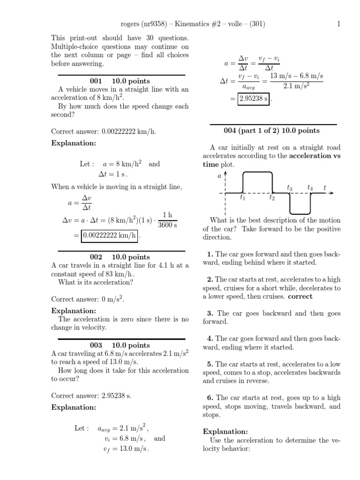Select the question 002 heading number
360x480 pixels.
click(x=96, y=257)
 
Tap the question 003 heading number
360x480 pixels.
click(x=96, y=345)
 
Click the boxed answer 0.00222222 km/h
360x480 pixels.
click(x=110, y=236)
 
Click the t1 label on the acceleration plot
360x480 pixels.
click(x=242, y=198)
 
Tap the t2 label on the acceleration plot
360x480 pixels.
click(x=272, y=198)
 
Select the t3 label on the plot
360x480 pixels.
click(x=290, y=188)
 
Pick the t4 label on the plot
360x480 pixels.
click(x=310, y=188)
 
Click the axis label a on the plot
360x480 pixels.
click(x=219, y=176)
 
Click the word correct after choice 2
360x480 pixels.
click(x=300, y=296)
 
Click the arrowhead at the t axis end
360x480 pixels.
click(x=331, y=193)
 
